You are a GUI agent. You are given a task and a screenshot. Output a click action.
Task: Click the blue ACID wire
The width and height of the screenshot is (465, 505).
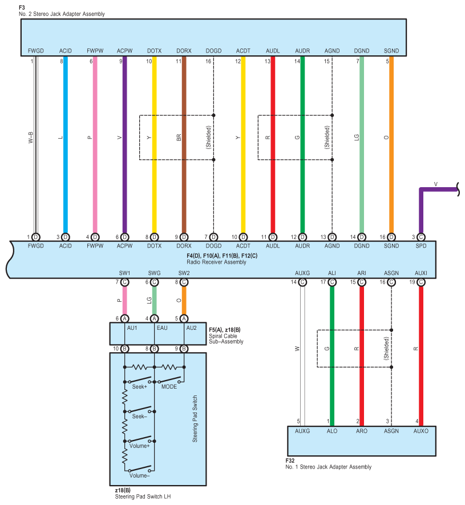coord(66,183)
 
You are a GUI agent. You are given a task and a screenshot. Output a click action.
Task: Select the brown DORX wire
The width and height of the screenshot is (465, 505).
coord(184,188)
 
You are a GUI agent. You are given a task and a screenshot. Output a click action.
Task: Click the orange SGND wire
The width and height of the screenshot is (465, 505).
coord(391,183)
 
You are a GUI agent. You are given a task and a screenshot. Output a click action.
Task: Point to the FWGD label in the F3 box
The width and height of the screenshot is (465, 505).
coord(35,51)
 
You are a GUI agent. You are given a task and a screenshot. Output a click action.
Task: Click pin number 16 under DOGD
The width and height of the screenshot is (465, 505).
coord(209,60)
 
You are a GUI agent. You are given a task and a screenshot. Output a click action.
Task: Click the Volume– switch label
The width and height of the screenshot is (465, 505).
coord(139,475)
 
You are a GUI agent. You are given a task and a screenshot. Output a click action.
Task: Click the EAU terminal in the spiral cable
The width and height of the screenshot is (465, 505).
coord(154,329)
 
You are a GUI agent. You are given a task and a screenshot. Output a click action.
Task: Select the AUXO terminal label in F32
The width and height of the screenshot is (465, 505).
coord(420,431)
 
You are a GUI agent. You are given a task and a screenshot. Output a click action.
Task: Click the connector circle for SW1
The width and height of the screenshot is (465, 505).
coord(124,282)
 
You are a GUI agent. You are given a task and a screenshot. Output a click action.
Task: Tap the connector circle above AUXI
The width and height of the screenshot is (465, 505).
coord(421,282)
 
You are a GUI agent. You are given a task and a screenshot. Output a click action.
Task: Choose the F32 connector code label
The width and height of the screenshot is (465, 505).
coord(290,460)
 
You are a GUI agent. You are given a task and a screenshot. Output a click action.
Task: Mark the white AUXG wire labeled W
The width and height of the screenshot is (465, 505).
coord(302,388)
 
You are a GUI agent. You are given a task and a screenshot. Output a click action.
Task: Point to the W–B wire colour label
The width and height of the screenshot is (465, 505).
coord(30,137)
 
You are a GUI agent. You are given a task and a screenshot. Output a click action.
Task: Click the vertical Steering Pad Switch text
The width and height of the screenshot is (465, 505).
coord(195,419)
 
